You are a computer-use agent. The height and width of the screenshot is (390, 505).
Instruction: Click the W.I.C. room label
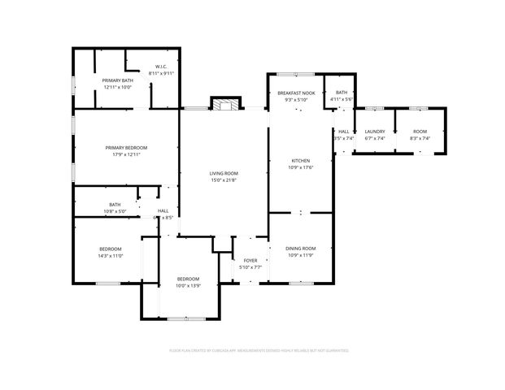coord(161,67)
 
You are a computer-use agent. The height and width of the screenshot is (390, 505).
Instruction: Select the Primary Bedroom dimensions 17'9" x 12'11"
coord(125,154)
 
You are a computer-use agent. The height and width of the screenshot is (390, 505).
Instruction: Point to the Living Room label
coord(224,173)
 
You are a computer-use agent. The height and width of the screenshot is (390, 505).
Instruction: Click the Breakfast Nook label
coord(296,93)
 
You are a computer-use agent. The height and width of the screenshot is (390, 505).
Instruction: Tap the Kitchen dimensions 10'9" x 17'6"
coord(301,168)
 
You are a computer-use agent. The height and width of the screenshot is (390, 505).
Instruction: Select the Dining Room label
coord(300,248)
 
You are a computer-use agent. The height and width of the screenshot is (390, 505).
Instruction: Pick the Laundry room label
coord(375,131)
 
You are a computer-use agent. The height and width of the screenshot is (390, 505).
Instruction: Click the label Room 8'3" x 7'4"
coord(420,131)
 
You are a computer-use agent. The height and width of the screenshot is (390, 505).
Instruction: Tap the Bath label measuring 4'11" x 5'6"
coord(342,93)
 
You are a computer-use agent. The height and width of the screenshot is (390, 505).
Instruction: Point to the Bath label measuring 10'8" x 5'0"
coord(115,204)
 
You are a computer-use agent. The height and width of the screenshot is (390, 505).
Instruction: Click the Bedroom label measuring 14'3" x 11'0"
coord(111,249)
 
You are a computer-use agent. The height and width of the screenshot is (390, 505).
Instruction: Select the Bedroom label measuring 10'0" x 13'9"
coord(188,279)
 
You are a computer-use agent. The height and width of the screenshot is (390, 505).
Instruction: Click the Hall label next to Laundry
coord(344,131)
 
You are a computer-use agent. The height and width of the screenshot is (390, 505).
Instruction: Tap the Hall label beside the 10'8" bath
coord(163,210)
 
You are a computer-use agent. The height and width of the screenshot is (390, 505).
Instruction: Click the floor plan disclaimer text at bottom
coord(258,351)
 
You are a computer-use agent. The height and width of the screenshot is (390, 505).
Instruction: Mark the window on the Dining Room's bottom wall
coord(301,283)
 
